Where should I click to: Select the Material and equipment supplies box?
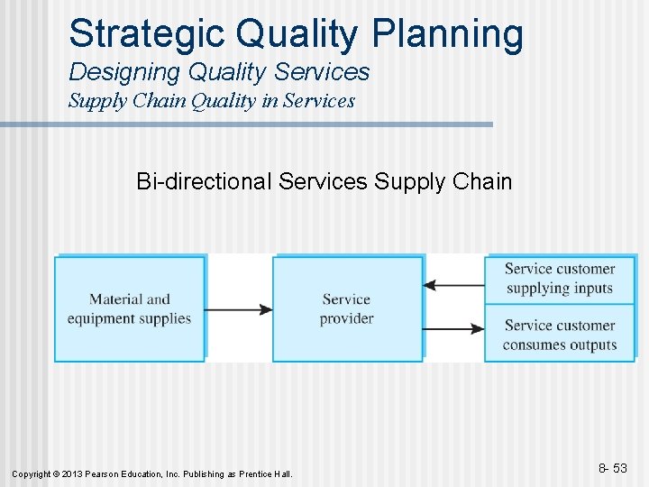pos(130,309)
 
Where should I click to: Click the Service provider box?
pos(347,309)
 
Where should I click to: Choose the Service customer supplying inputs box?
pos(559,279)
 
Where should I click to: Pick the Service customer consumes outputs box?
pos(559,334)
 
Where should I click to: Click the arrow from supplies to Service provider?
pos(238,309)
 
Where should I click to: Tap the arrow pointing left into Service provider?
pos(453,285)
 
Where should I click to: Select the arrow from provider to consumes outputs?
pos(453,329)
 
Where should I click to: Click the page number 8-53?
pos(613,468)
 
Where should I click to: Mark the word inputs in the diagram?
pos(591,289)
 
